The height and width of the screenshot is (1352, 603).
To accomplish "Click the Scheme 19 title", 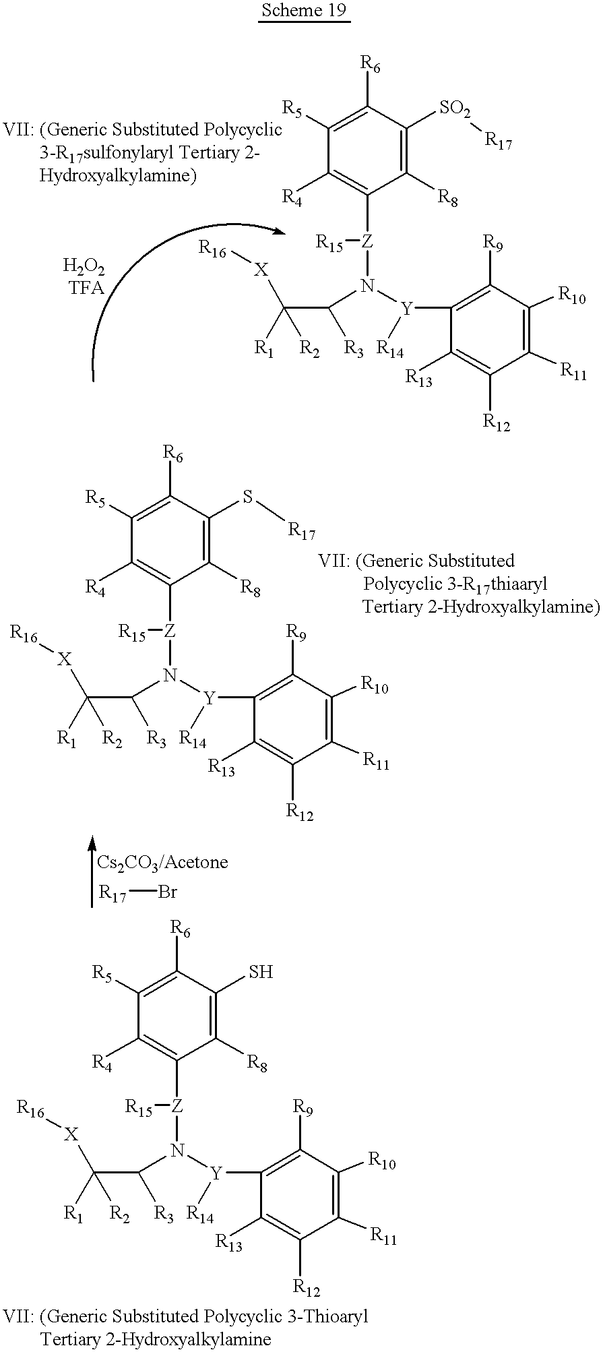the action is pyautogui.click(x=305, y=11).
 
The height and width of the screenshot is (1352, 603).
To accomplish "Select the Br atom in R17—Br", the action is pyautogui.click(x=168, y=892).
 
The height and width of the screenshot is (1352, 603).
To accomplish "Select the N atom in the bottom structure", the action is pyautogui.click(x=178, y=1150).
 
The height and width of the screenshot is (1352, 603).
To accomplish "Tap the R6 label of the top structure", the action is pyautogui.click(x=371, y=65).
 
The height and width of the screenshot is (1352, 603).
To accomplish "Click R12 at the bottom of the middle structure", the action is pyautogui.click(x=300, y=811).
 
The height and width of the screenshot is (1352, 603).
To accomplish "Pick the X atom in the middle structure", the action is pyautogui.click(x=64, y=660).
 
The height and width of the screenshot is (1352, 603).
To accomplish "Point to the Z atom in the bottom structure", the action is pyautogui.click(x=177, y=1105).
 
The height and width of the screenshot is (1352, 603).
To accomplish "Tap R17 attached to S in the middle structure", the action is pyautogui.click(x=302, y=532).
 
